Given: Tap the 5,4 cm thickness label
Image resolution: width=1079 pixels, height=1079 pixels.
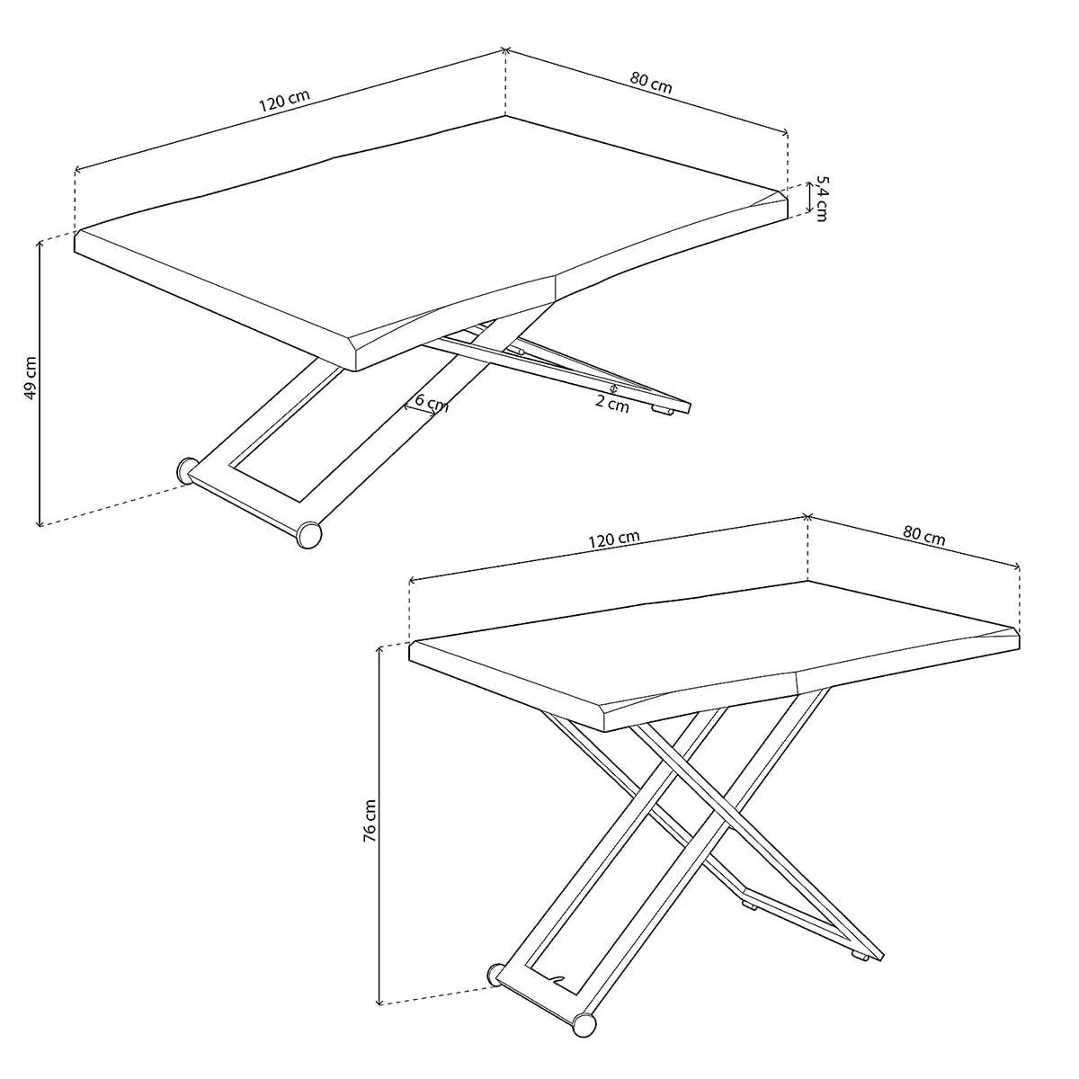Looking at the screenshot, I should pyautogui.click(x=819, y=198).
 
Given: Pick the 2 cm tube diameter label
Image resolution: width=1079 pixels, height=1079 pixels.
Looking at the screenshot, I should pyautogui.click(x=612, y=404).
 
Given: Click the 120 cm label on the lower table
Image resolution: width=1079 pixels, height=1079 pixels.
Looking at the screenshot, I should pyautogui.click(x=614, y=539).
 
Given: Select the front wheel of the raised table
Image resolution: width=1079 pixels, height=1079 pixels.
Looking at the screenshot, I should pyautogui.click(x=584, y=1025).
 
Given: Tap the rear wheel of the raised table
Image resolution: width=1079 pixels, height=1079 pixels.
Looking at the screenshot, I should pyautogui.click(x=495, y=974).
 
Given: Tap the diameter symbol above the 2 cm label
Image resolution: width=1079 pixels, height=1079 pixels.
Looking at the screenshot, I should pyautogui.click(x=613, y=388).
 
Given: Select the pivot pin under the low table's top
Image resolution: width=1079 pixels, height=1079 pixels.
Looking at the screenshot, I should pyautogui.click(x=519, y=349).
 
